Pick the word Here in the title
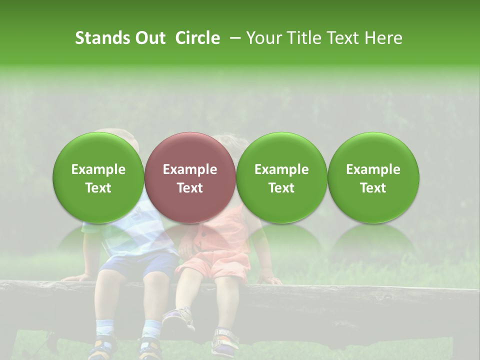(x=383, y=38)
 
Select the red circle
(x=190, y=177)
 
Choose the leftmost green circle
(x=98, y=177)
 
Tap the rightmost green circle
(x=373, y=177)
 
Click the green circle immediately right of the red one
(x=281, y=177)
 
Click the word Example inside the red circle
(x=190, y=169)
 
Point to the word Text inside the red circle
(x=190, y=188)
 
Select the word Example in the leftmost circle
(x=98, y=169)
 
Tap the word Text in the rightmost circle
(x=373, y=188)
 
